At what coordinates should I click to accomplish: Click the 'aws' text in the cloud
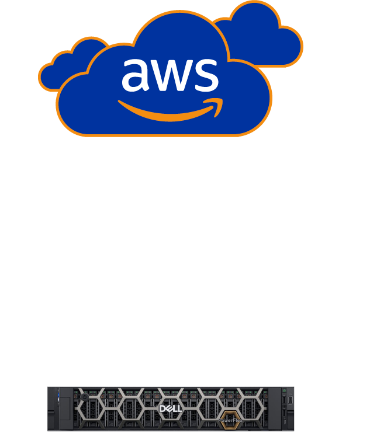point(170,75)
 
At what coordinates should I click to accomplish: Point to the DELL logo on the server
point(170,409)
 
